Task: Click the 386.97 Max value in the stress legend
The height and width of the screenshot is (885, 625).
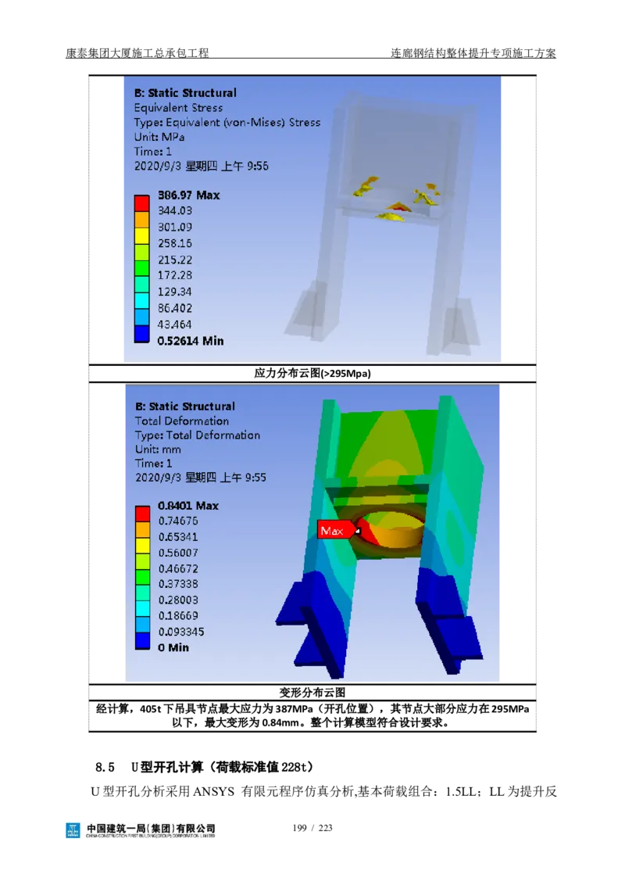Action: tap(188, 195)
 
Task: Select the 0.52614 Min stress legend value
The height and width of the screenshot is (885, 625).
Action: tap(190, 341)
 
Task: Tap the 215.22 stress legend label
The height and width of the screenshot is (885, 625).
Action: tap(175, 260)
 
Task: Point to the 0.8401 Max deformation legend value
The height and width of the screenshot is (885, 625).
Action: tap(187, 506)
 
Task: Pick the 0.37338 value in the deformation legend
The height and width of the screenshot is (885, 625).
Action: tap(178, 584)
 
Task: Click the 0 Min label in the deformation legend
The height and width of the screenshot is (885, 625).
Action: tap(173, 648)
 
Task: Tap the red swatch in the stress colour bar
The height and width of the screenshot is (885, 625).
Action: tap(141, 203)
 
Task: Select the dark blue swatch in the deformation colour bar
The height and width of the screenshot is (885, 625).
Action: tap(142, 640)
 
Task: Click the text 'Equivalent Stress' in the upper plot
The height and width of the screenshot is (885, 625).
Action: tap(178, 108)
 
